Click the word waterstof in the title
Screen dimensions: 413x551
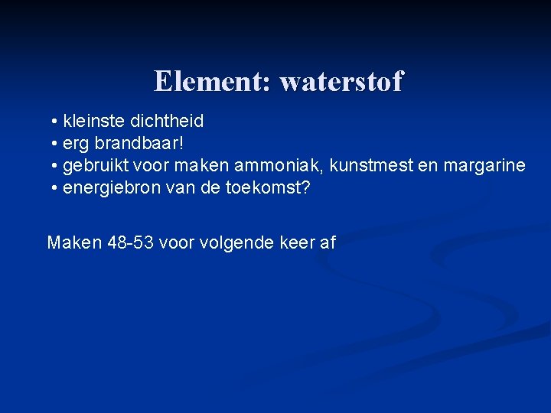[x=341, y=81]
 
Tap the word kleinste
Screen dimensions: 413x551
[x=94, y=121]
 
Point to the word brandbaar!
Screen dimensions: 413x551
[x=141, y=143]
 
